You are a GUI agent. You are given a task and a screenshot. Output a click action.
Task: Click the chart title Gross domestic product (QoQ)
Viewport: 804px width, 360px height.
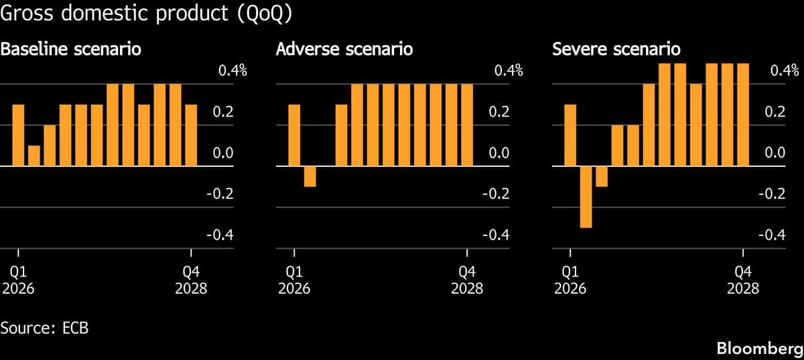(146, 15)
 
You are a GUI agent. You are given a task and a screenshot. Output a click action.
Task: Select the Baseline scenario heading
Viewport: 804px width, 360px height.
(70, 50)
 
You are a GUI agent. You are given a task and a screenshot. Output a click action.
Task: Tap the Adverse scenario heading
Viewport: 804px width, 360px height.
(344, 50)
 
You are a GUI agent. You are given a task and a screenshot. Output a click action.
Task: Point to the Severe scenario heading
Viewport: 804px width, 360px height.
(616, 50)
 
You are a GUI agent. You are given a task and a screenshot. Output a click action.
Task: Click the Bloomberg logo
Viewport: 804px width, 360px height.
(759, 349)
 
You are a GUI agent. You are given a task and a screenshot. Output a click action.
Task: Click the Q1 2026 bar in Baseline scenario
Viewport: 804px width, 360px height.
(18, 135)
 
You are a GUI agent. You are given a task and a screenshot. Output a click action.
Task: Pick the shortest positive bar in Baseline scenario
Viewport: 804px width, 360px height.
(34, 155)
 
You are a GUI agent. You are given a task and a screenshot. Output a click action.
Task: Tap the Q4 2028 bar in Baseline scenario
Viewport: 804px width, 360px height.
(191, 135)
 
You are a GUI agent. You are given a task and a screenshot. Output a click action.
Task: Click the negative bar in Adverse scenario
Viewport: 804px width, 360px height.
(310, 176)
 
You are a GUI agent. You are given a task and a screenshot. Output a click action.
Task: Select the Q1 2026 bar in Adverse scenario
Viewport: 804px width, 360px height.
(294, 135)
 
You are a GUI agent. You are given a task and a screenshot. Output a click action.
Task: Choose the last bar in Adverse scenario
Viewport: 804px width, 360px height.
(466, 125)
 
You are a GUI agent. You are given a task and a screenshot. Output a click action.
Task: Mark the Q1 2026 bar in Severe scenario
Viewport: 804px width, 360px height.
(570, 135)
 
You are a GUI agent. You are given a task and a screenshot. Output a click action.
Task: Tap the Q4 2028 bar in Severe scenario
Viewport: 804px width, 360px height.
(742, 115)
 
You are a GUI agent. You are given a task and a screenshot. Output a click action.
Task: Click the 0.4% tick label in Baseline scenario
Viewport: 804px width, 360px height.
(233, 70)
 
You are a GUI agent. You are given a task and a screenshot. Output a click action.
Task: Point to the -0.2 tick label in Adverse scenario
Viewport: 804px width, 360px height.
(496, 194)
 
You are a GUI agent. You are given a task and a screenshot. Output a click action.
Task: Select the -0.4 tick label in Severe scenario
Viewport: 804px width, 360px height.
(771, 235)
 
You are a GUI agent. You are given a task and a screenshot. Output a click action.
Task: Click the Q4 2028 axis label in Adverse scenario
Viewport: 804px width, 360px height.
(467, 280)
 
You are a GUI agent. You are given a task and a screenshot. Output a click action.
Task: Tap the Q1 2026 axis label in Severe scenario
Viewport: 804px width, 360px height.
(570, 280)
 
